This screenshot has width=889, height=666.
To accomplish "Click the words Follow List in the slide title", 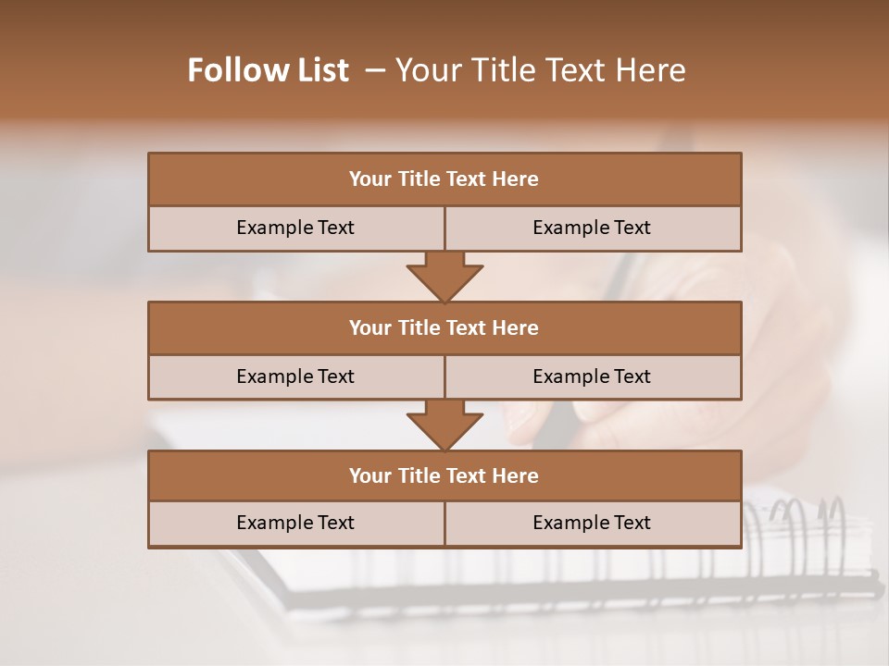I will (268, 70).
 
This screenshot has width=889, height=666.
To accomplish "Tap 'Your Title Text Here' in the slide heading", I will (540, 70).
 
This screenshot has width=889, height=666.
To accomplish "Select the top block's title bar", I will (444, 179).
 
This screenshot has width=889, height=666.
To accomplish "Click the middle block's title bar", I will (444, 327).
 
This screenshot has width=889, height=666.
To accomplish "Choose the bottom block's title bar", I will (444, 475).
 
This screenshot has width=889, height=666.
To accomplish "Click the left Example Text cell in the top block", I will (295, 228).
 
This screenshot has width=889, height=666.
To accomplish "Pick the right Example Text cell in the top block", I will (592, 228).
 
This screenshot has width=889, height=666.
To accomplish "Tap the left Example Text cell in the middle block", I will (295, 376).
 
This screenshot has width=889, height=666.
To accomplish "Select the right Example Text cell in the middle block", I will (592, 376).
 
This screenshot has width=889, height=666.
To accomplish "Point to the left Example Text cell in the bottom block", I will (295, 523).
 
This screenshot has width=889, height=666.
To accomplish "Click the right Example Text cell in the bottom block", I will (592, 523).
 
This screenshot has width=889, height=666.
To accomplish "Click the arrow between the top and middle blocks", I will (444, 277).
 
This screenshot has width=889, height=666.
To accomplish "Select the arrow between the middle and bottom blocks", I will (444, 425).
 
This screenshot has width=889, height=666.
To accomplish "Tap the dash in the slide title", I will (376, 70).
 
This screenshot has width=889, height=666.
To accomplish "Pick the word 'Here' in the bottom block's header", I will (516, 475).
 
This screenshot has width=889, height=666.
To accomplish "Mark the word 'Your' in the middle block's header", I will (370, 327).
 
